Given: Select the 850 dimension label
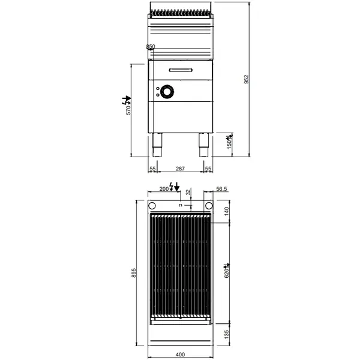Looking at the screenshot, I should [150, 47].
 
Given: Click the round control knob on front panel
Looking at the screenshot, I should [166, 91].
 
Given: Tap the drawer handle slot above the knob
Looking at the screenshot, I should [180, 71].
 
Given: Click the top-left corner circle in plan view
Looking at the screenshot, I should [153, 205].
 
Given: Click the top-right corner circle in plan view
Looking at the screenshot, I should [207, 205].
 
